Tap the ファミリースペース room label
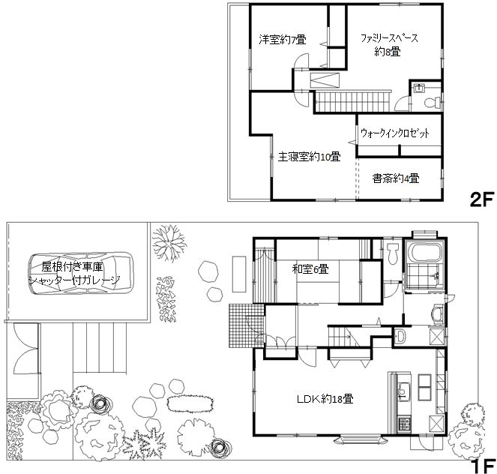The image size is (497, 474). pyautogui.click(x=388, y=44)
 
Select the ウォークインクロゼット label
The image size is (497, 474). pyautogui.click(x=395, y=133)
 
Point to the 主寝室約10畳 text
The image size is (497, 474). pyautogui.click(x=310, y=157)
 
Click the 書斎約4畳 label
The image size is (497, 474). pyautogui.click(x=395, y=178)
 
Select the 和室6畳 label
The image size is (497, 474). pyautogui.click(x=309, y=268)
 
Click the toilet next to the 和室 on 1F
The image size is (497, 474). pyautogui.click(x=392, y=255)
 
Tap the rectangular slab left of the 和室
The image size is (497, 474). pyautogui.click(x=240, y=272)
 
